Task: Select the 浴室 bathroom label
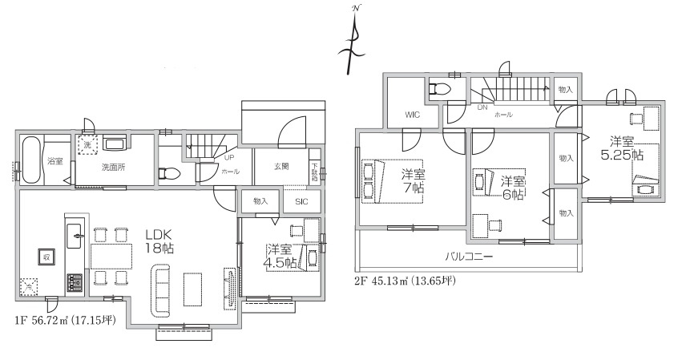54,161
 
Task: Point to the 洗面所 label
112,168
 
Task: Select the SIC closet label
301,201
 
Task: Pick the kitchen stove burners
74,282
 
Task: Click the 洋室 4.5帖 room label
282,255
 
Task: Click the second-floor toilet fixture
442,89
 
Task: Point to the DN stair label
482,107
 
